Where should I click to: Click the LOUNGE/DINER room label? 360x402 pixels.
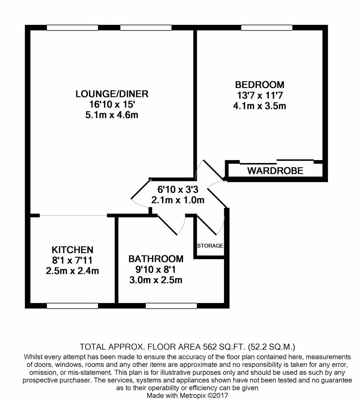coord(112,93)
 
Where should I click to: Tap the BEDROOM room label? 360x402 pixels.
coord(259,84)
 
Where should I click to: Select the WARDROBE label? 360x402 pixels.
coord(275,171)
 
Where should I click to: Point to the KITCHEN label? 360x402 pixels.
coord(72,249)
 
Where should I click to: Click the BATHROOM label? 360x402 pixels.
coord(156,258)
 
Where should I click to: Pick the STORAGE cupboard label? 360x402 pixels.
coord(210,246)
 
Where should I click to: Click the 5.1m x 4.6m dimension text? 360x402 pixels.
coord(112,115)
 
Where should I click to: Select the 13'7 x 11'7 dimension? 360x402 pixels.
coord(259,95)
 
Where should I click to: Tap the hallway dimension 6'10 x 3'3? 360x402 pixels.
coord(178,189)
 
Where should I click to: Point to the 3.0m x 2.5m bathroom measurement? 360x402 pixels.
coord(156,280)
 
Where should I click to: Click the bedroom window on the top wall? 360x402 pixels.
coord(266,28)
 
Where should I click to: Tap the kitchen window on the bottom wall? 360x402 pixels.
coord(72,306)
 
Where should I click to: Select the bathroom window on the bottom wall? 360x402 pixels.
coord(171,306)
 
